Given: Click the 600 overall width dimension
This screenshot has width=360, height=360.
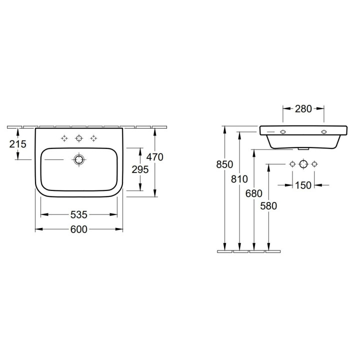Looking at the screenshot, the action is (x=79, y=229).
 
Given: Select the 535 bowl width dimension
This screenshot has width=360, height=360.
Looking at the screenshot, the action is (x=79, y=214).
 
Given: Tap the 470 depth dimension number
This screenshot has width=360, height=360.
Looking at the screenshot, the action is (x=155, y=157).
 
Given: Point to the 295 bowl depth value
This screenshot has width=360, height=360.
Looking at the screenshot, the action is (x=140, y=169).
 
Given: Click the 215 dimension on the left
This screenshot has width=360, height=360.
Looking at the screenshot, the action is (x=17, y=144).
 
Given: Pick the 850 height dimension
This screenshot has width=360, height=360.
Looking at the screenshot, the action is (x=224, y=164).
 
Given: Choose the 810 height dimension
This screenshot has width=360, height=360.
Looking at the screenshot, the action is (x=239, y=179).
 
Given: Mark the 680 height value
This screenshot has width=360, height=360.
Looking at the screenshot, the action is (x=253, y=193).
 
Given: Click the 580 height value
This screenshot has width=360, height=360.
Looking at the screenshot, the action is (x=268, y=206).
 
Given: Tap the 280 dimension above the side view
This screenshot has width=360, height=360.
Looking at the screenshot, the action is (x=303, y=109).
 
